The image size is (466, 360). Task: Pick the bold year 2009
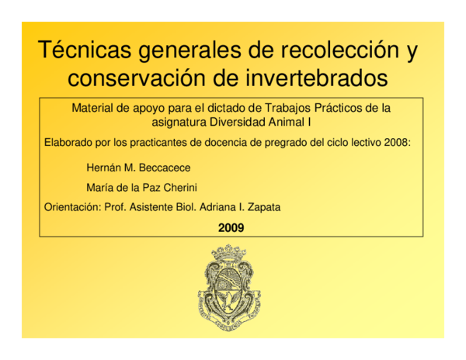coord(231,228)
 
